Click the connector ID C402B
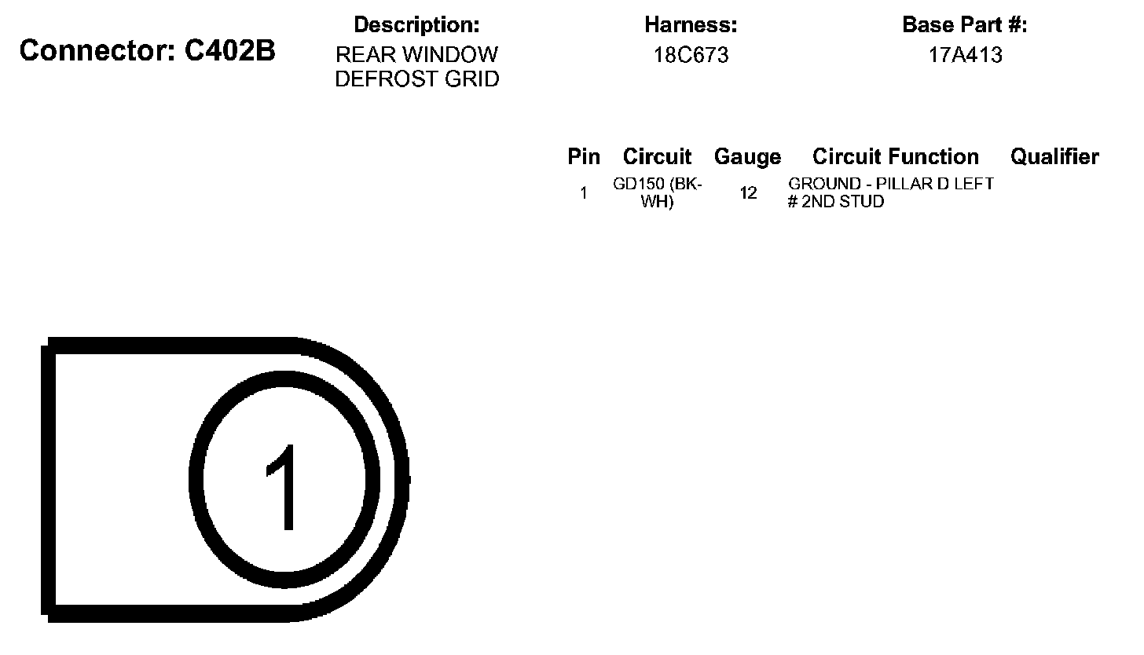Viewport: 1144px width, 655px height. tap(229, 50)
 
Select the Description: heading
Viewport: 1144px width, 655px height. tap(416, 25)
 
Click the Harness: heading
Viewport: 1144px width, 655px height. tap(691, 24)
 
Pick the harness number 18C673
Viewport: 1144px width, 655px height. tap(691, 55)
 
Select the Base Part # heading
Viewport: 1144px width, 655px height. tap(965, 24)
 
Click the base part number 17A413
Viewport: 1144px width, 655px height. tap(965, 55)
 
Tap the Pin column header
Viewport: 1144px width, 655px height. tap(584, 157)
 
